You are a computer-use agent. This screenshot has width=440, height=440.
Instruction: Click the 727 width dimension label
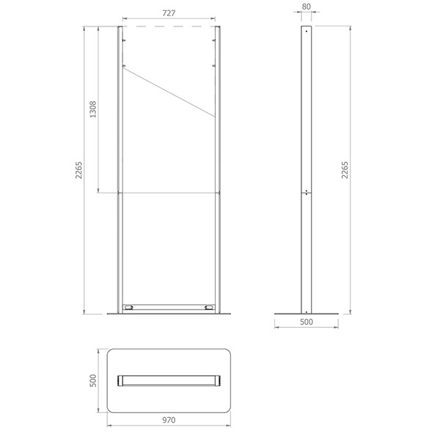(169, 13)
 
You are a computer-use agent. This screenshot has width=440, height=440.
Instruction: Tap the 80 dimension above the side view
(306, 7)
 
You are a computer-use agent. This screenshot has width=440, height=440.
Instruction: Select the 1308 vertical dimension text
(92, 109)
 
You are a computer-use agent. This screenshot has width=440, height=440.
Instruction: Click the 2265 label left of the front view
(78, 170)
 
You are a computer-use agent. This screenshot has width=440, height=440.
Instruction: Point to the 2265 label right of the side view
(345, 170)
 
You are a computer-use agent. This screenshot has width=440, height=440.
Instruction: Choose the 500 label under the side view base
(306, 322)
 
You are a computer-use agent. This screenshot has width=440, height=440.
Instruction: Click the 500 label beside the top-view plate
(92, 381)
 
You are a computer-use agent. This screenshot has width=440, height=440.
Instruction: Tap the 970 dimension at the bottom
(169, 420)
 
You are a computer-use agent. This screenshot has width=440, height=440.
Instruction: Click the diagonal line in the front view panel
(169, 92)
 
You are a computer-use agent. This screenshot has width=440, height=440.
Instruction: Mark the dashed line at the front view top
(169, 26)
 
